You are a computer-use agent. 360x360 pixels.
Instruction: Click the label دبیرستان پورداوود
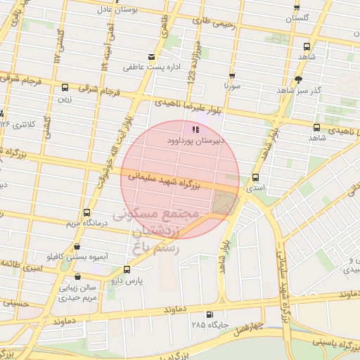195,141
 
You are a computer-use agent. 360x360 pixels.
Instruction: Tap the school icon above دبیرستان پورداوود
195,129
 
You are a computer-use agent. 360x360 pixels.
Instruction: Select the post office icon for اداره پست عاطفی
150,57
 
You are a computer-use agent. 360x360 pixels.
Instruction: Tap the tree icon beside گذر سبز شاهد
299,79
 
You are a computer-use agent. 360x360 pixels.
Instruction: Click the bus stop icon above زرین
65,88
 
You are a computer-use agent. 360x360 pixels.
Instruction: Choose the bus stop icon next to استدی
255,178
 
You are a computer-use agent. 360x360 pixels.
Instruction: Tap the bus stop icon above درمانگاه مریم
86,212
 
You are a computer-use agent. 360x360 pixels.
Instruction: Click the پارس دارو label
127,281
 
